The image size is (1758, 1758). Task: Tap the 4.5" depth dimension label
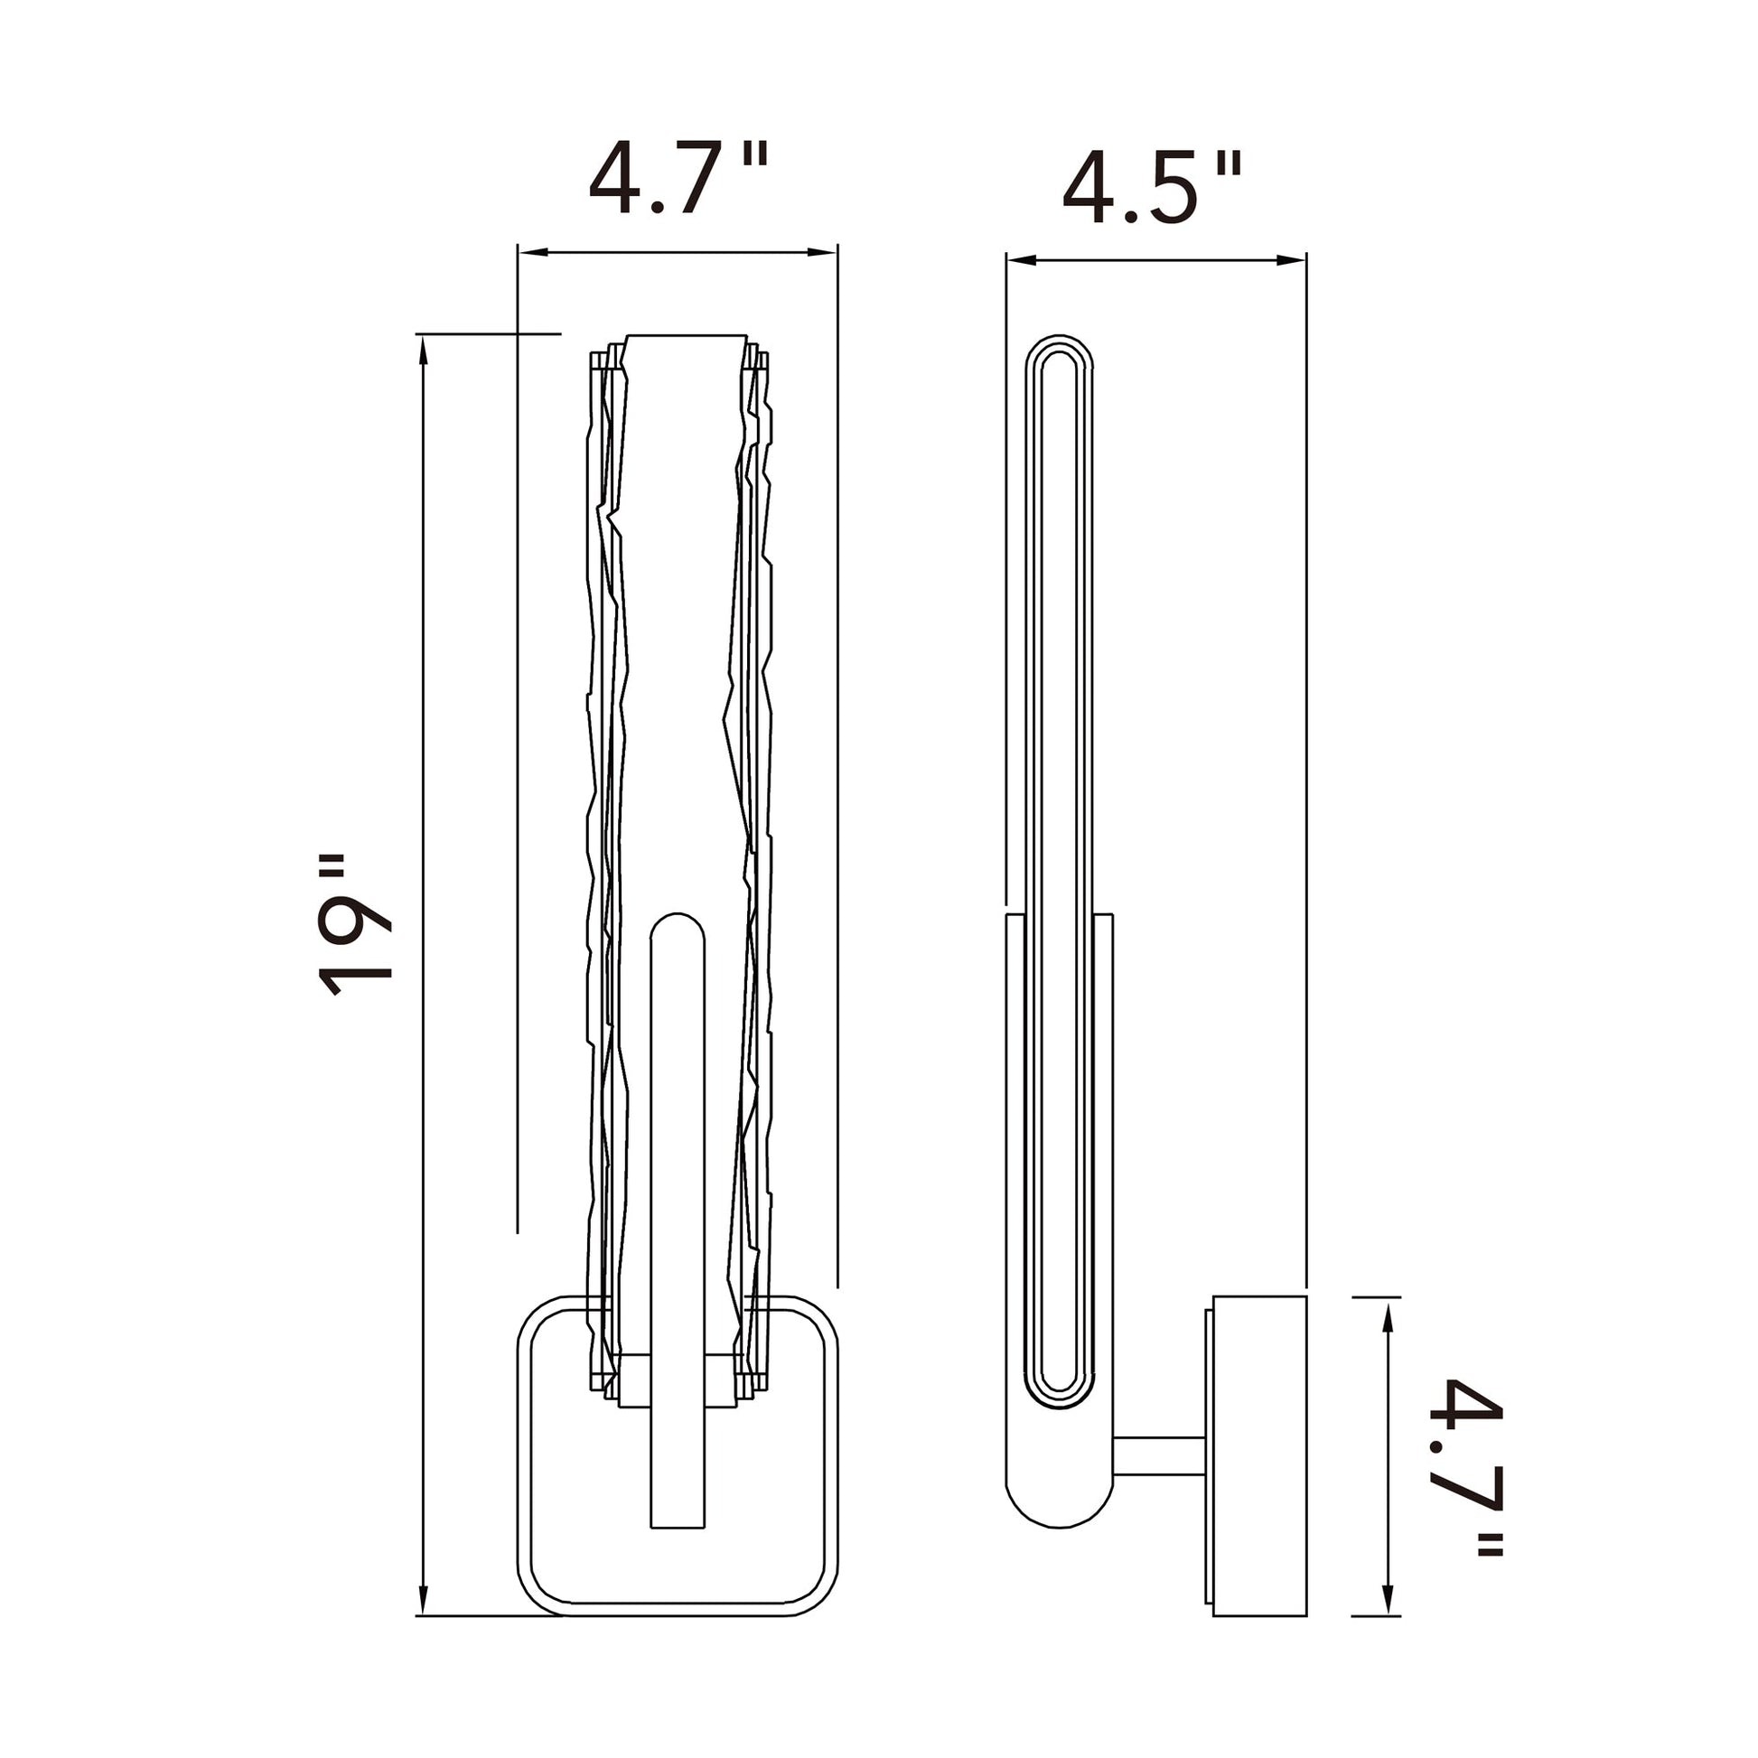click(x=1152, y=188)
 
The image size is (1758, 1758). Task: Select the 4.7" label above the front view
click(x=678, y=177)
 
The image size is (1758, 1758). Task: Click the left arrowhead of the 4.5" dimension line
click(x=1022, y=260)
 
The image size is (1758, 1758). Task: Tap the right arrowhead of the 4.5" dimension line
click(x=1291, y=260)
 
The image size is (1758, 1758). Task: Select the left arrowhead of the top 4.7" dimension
click(x=533, y=252)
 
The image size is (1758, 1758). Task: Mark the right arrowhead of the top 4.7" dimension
click(x=822, y=252)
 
